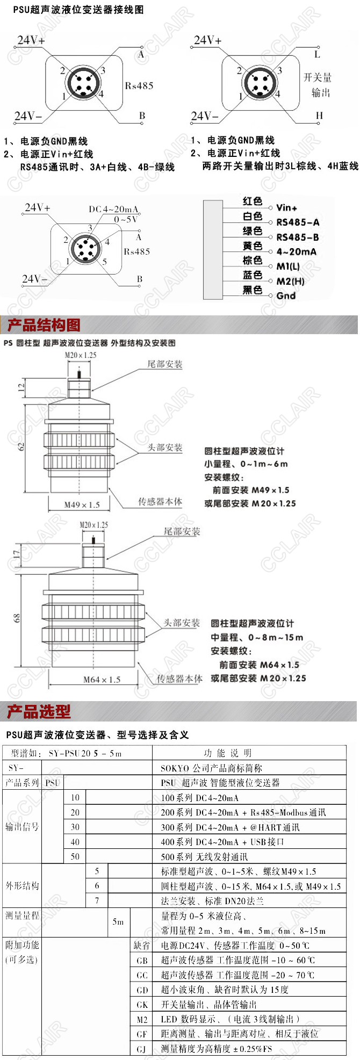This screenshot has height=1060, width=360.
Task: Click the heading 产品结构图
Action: pyautogui.click(x=44, y=325)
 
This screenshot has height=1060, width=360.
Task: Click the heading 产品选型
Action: pyautogui.click(x=39, y=712)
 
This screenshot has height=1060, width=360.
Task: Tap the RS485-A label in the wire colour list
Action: pyautogui.click(x=298, y=222)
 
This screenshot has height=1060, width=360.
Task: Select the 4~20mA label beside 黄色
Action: pyautogui.click(x=297, y=251)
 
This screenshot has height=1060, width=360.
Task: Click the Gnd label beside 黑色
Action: pyautogui.click(x=286, y=295)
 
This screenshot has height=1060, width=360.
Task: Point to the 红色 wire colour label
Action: pyautogui.click(x=252, y=201)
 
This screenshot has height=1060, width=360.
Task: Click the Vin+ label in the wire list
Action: pyautogui.click(x=287, y=207)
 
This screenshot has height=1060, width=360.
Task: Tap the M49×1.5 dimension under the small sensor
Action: pyautogui.click(x=82, y=504)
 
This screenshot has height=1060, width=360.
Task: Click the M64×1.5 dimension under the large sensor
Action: pyautogui.click(x=102, y=680)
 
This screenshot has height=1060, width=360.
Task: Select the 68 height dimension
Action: pyautogui.click(x=17, y=618)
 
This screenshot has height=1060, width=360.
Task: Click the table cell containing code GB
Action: pyautogui.click(x=142, y=960)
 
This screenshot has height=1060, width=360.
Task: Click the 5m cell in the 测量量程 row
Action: pyautogui.click(x=118, y=921)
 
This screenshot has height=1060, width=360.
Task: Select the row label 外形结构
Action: pyautogui.click(x=23, y=885)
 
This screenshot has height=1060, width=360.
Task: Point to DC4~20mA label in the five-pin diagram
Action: pyautogui.click(x=113, y=209)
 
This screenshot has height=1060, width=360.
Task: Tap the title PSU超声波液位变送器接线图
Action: pyautogui.click(x=78, y=10)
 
